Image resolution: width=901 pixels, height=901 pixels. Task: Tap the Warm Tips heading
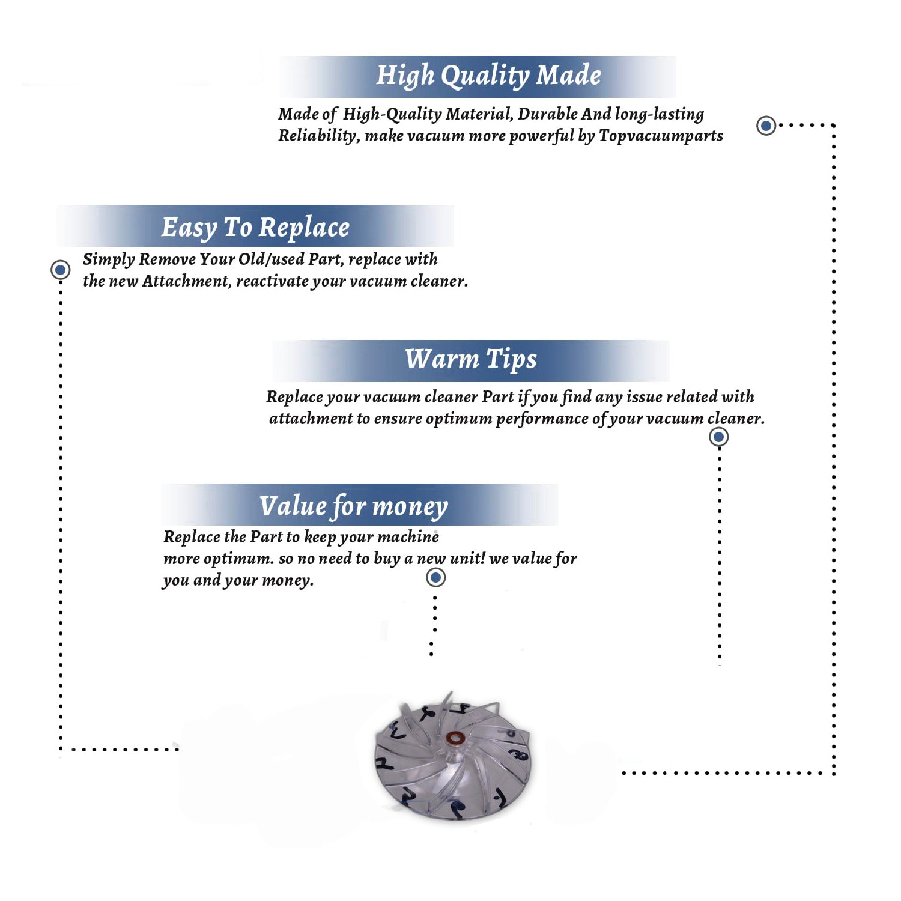471,360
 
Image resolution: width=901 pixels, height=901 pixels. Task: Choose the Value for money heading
354,506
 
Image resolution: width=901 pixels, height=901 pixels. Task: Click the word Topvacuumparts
661,136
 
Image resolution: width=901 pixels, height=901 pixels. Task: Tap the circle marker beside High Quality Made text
766,126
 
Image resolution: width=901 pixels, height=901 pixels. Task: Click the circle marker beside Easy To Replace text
60,270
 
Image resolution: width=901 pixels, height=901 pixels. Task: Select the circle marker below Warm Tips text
719,437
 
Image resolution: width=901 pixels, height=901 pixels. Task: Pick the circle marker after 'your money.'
435,578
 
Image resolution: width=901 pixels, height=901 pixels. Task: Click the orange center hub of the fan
454,738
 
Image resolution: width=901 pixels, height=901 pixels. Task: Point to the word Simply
109,259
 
